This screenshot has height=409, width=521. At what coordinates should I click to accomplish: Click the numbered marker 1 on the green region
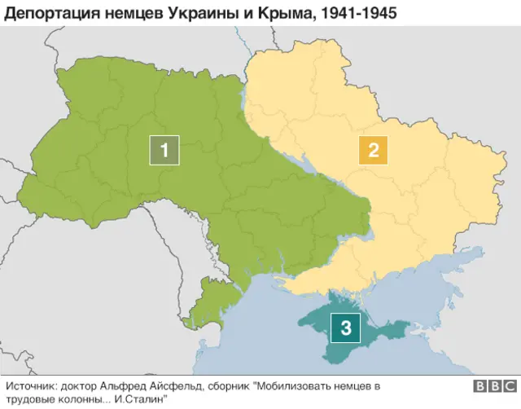click(164, 150)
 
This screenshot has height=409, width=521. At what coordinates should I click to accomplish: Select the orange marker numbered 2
click(374, 150)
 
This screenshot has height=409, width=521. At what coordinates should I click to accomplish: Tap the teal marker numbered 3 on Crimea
click(346, 328)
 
